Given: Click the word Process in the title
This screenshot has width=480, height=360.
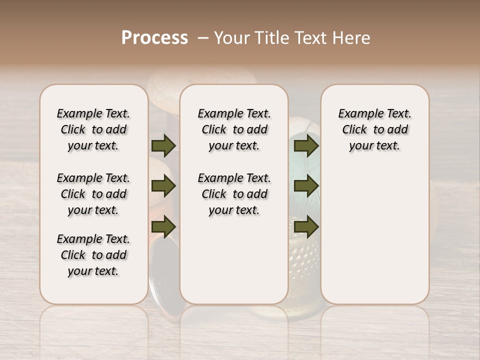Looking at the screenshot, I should click(x=154, y=37).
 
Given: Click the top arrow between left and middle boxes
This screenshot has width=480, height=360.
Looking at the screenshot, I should click(x=163, y=145).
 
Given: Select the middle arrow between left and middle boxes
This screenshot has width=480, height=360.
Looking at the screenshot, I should click(x=163, y=186).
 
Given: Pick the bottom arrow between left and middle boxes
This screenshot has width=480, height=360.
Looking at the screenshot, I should click(x=163, y=227).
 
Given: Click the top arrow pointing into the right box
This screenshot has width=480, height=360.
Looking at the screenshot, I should click(x=306, y=145).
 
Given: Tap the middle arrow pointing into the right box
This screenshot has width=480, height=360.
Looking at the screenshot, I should click(x=306, y=186).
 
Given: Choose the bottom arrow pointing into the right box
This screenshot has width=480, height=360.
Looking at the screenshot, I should click(x=306, y=227).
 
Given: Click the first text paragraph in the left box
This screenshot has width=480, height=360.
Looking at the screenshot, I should click(x=93, y=129).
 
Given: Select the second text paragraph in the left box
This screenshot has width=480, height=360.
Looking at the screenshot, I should click(x=93, y=194).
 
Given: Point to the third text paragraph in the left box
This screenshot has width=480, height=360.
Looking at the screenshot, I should click(x=93, y=255).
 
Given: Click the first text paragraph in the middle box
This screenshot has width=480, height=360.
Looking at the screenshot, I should click(x=234, y=129).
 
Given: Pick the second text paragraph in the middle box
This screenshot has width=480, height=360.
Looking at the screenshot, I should click(x=234, y=194).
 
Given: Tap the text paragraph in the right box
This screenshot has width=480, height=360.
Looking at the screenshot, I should click(x=374, y=129).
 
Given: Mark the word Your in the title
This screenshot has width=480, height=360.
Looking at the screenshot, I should click(x=232, y=37).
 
